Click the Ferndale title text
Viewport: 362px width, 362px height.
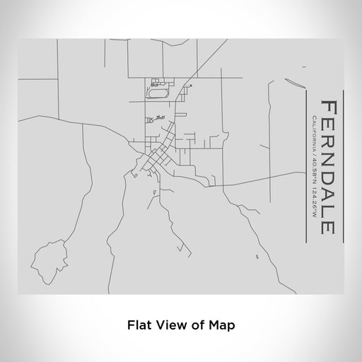pyautogui.click(x=327, y=168)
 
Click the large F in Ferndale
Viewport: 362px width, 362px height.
pyautogui.click(x=327, y=107)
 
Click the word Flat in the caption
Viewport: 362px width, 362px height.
pyautogui.click(x=139, y=326)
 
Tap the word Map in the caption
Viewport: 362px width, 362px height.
pyautogui.click(x=221, y=326)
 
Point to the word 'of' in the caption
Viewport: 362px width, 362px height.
pyautogui.click(x=195, y=326)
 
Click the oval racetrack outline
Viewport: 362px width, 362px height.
pyautogui.click(x=158, y=92)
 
